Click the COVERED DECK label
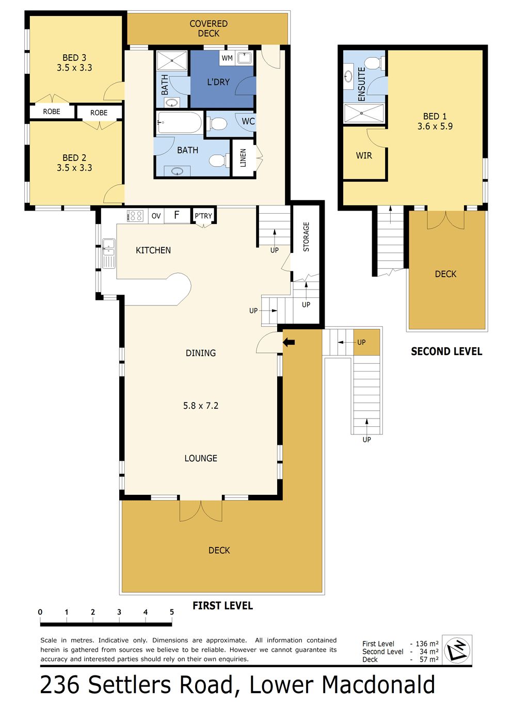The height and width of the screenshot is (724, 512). tap(209, 28)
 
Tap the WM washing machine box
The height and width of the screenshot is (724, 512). tap(227, 58)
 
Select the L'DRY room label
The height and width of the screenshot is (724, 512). tap(218, 82)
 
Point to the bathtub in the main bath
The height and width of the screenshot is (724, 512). tap(179, 123)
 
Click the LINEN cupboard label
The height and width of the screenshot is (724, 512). tap(243, 158)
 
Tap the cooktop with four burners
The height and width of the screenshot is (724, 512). tap(135, 216)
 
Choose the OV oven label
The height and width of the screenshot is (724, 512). tap(156, 216)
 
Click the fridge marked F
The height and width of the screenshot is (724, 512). tap(177, 215)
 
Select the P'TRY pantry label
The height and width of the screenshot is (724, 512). tap(203, 216)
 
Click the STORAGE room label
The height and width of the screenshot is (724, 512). tap(306, 236)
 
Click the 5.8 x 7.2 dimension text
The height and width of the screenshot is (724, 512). tap(201, 406)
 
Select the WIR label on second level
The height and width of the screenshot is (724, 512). tap(364, 156)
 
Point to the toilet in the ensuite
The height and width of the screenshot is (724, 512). tap(374, 63)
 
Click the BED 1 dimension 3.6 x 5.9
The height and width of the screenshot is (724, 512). tap(435, 126)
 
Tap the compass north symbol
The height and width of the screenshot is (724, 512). tap(457, 650)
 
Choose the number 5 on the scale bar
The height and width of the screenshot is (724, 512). tap(172, 612)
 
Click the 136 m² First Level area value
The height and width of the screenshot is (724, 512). tap(427, 643)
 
